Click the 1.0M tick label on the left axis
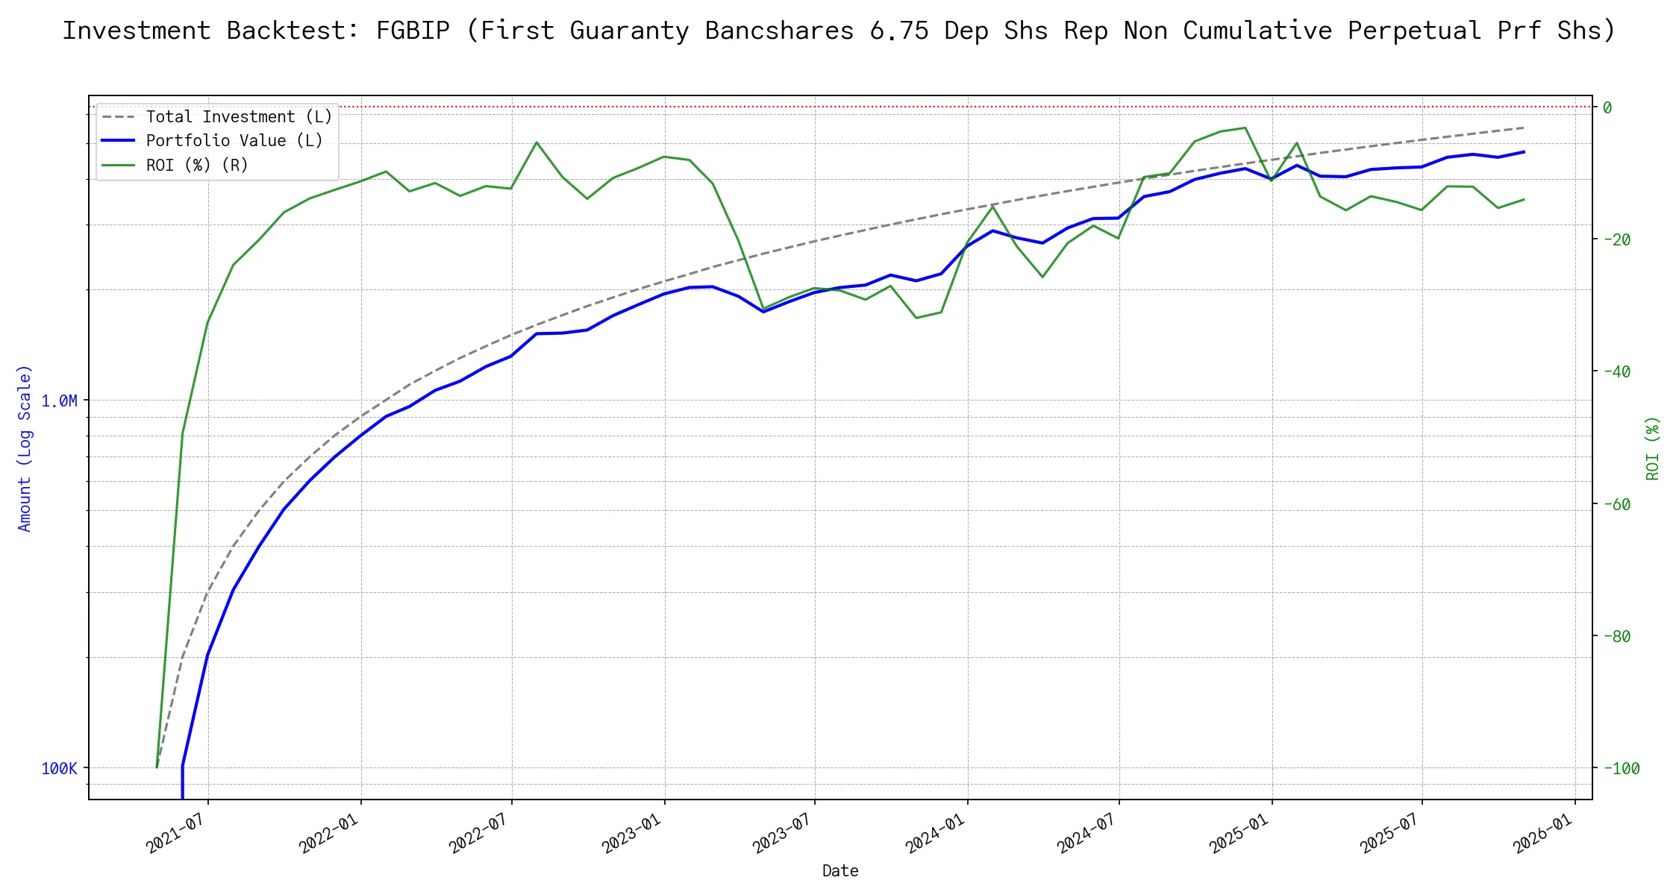coord(59,401)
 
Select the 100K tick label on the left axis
coord(59,769)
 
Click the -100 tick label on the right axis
coord(1620,769)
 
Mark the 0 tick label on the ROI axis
coord(1607,108)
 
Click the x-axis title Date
coord(840,871)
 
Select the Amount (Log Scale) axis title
coord(25,447)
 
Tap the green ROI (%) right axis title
coord(1652,447)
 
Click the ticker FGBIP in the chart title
coord(413,31)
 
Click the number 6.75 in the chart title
coord(899,31)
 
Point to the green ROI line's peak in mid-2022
coord(537,142)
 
